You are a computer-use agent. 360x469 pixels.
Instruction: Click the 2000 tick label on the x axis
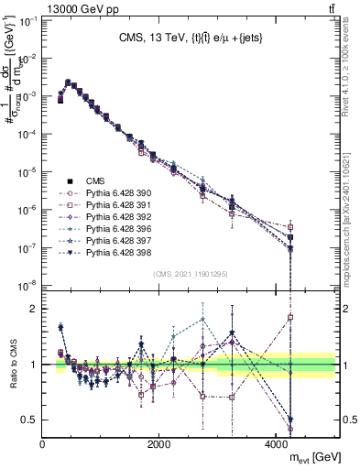pyautogui.click(x=158, y=441)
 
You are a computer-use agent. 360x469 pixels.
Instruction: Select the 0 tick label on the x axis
pyautogui.click(x=43, y=441)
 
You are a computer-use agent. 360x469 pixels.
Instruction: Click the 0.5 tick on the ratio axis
pyautogui.click(x=30, y=420)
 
